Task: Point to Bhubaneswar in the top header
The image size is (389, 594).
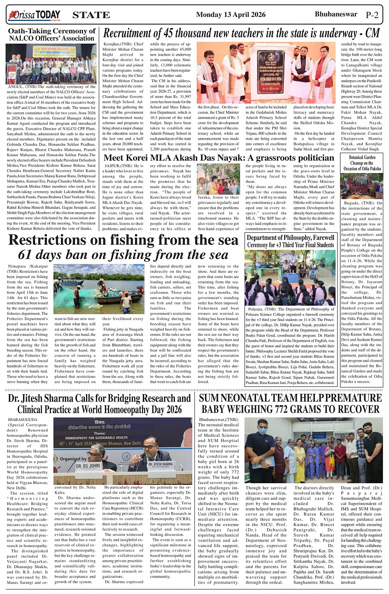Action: (336, 14)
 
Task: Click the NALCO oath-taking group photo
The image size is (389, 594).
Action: (51, 64)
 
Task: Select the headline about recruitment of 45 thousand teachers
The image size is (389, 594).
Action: (241, 33)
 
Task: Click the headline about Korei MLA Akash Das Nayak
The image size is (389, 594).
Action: (219, 158)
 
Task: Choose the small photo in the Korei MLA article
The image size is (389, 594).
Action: (218, 178)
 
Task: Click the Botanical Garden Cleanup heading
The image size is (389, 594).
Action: (362, 163)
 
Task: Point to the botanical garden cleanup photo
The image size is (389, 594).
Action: (362, 185)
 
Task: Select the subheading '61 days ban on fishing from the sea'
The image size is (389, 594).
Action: (123, 255)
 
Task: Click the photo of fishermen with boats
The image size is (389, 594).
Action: (99, 289)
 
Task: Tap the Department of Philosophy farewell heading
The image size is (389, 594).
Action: (291, 241)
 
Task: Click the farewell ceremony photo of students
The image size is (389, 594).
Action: (290, 277)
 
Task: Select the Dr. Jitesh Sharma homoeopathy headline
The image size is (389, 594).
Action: (99, 404)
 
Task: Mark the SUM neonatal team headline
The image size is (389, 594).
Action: (290, 404)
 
